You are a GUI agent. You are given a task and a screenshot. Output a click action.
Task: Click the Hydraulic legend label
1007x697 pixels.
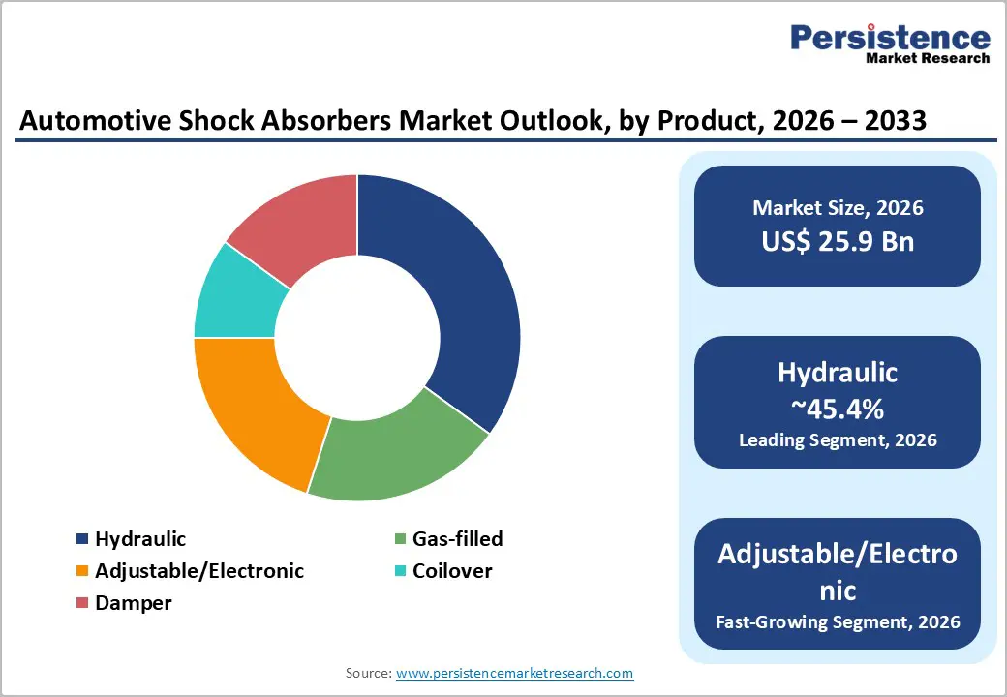click(140, 539)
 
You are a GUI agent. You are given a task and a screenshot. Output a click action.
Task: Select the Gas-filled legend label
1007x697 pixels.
click(457, 539)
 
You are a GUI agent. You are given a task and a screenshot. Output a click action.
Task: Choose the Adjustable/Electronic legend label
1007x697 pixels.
click(199, 571)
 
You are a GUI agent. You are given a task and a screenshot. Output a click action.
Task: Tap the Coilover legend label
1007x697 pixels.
click(452, 571)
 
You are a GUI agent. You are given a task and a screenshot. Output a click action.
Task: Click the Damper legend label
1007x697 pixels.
click(134, 603)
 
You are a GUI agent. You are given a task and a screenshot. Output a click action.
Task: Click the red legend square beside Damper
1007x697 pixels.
click(82, 603)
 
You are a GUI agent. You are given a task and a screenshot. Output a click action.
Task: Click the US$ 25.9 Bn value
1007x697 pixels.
click(838, 241)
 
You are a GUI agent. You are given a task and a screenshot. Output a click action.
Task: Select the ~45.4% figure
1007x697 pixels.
click(838, 409)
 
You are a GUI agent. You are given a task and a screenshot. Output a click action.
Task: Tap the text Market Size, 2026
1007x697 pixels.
click(838, 208)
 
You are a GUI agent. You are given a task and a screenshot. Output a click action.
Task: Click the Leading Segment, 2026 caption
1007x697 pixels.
click(838, 440)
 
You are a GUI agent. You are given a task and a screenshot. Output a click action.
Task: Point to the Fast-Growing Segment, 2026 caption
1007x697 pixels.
click(838, 621)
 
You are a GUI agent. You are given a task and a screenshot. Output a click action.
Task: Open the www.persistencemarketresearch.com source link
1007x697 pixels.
click(514, 673)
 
